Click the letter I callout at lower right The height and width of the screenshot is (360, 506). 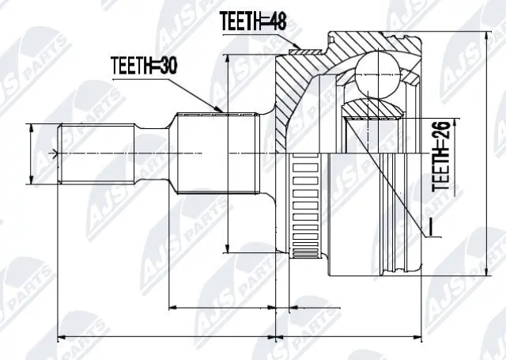432,226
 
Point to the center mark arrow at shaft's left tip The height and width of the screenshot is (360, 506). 53,153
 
